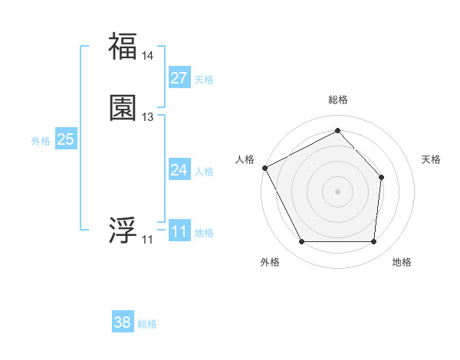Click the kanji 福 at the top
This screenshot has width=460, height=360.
click(x=123, y=46)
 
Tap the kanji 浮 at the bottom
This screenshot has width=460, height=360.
click(x=123, y=229)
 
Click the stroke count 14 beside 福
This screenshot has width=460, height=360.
click(x=148, y=56)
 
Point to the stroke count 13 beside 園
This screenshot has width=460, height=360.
click(x=148, y=117)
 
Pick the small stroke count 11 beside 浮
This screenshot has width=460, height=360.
click(x=147, y=240)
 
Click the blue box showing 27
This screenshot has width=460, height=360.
click(x=179, y=78)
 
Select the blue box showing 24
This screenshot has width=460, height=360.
click(x=179, y=170)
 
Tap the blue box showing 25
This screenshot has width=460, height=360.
click(x=66, y=139)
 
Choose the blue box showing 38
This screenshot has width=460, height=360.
click(x=123, y=322)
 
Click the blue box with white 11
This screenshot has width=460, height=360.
click(x=179, y=231)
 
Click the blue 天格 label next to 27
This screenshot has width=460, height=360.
click(x=204, y=80)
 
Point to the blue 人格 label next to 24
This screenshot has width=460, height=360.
click(x=204, y=172)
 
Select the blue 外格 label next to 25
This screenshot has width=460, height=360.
click(x=41, y=141)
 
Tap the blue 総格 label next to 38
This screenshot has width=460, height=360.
click(x=147, y=324)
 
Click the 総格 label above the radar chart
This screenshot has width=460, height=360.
click(x=338, y=100)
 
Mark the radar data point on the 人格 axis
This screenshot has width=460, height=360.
click(x=264, y=168)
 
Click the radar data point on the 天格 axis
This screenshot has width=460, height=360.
click(x=382, y=177)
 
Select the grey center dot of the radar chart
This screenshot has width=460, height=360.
click(x=337, y=191)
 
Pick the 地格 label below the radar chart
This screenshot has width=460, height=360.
click(x=402, y=262)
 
